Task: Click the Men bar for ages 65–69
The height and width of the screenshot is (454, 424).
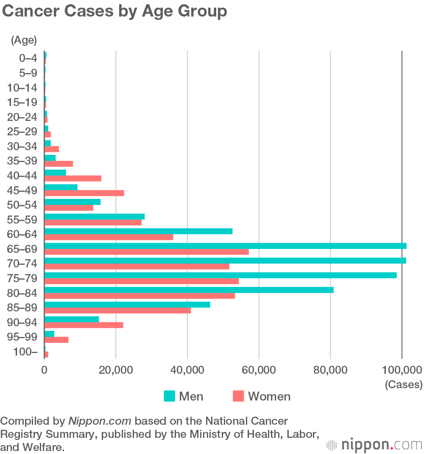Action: click(x=225, y=246)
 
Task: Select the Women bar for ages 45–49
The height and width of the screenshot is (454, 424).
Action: click(x=84, y=193)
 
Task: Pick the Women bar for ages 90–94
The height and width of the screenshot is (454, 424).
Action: click(x=84, y=325)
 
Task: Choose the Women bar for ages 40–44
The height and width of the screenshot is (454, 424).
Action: click(x=73, y=178)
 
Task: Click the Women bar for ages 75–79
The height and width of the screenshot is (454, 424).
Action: click(x=141, y=281)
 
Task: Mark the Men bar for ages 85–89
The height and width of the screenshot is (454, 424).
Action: click(x=127, y=305)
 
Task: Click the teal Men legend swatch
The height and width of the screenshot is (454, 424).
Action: click(x=169, y=396)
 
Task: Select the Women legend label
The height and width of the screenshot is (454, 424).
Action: click(x=269, y=396)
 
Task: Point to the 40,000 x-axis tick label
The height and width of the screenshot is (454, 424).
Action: click(x=187, y=370)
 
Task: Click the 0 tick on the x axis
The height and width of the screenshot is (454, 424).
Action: click(x=44, y=370)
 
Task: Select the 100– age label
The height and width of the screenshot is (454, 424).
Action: click(x=26, y=352)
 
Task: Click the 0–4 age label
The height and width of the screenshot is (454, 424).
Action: click(x=28, y=58)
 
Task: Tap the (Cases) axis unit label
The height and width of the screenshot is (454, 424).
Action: click(x=403, y=384)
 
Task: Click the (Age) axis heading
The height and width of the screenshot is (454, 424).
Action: click(x=24, y=41)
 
